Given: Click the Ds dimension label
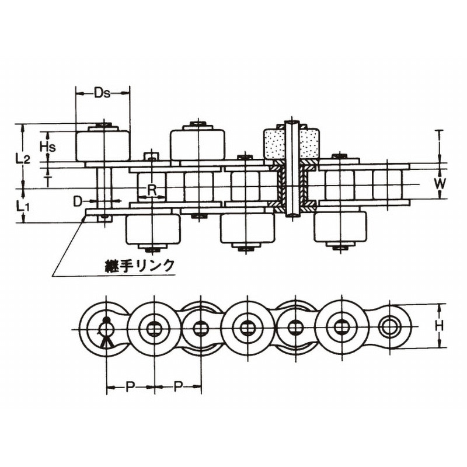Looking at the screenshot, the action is coord(102,93).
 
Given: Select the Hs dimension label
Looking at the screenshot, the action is coord(48,147).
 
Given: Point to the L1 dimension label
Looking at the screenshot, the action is coord(22,206).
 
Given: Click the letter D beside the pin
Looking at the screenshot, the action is coord(78,201).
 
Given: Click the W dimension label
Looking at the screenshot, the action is coord(440,184).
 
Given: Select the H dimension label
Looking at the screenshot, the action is coord(439,326).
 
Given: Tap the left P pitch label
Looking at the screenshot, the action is coord(130,387).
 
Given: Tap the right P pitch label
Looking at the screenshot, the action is coord(178,387).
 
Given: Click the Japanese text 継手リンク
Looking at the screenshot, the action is coord(140,265).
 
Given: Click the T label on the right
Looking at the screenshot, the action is coord(439,134).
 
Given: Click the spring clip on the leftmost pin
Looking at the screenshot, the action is coord(105,332).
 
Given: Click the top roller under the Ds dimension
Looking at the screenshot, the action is coord(103,146).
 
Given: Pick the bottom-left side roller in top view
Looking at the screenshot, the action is coord(153,229).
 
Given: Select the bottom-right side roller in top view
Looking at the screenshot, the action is coord(340,227).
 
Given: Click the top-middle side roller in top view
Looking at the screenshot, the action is coord(197,145).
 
